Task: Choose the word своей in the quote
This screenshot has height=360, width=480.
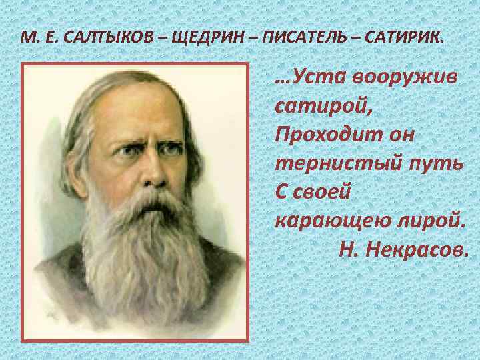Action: click(x=320, y=191)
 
